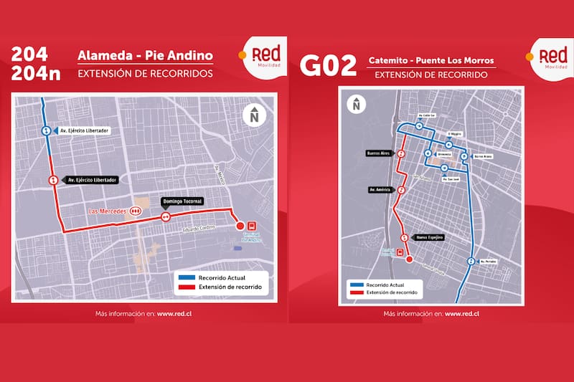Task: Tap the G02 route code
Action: click(x=328, y=66)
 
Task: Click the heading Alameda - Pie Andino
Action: click(x=145, y=56)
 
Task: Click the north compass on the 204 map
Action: click(x=253, y=114)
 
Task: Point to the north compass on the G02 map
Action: click(x=355, y=105)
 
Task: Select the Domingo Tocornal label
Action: click(x=183, y=202)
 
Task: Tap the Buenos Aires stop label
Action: click(x=377, y=153)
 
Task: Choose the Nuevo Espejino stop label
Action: click(x=430, y=237)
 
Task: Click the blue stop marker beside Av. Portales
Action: click(x=470, y=262)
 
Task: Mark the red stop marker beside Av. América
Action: click(x=401, y=190)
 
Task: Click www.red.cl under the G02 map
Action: click(x=462, y=314)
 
